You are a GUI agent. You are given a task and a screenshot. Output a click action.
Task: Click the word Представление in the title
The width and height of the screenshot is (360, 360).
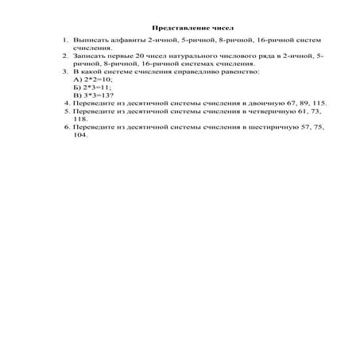171,28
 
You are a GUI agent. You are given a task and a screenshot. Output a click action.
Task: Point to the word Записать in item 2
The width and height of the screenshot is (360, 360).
87,56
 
